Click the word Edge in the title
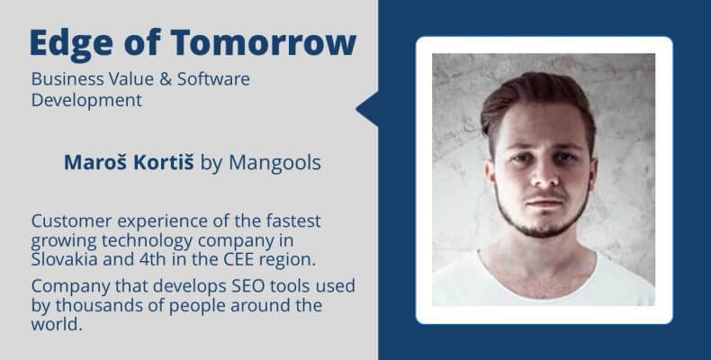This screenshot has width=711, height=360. pos(72,42)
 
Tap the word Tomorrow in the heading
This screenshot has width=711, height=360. pos(264,42)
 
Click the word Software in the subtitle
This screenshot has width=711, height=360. pos(213,79)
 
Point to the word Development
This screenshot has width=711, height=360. pos(86,101)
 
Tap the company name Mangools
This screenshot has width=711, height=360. pos(274,163)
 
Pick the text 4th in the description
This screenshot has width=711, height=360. pos(152,259)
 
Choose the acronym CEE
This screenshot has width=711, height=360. pos(239,260)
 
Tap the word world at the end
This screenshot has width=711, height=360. pos(57,324)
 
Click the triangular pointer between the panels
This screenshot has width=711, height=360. pos(368,109)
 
